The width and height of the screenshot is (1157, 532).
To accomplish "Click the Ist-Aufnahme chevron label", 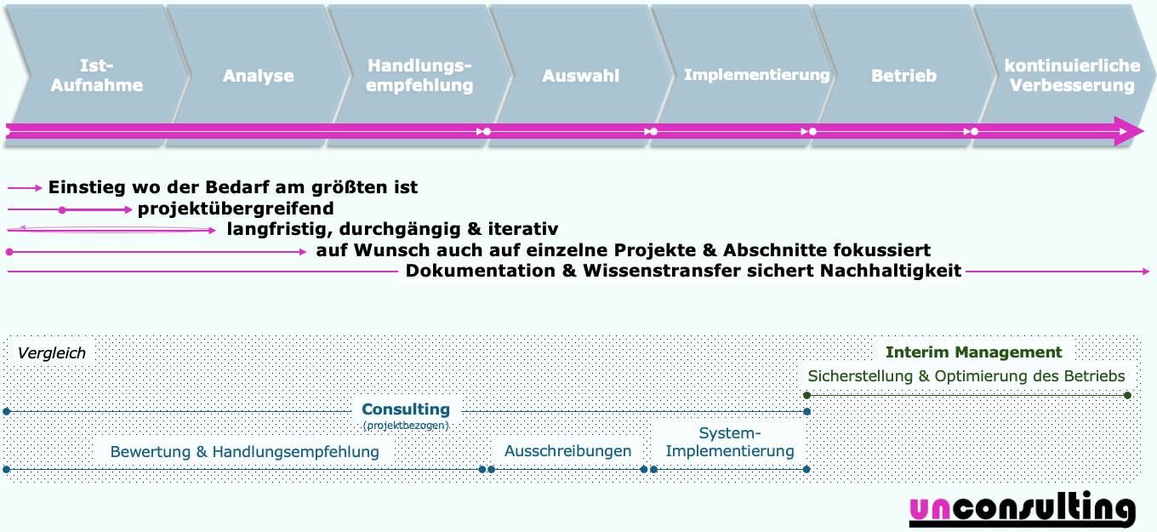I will [96, 75].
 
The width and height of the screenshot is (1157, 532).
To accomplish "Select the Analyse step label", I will [259, 76].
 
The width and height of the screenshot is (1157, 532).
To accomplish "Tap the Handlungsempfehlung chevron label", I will [419, 75].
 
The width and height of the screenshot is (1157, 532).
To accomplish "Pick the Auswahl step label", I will [581, 76].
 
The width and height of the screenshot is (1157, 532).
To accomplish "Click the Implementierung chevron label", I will [756, 75].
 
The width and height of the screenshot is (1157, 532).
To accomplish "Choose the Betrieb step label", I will [903, 76].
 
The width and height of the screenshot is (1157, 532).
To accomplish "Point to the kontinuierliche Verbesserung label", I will [1072, 75].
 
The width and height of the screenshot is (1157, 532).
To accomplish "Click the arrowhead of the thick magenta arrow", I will [1131, 131].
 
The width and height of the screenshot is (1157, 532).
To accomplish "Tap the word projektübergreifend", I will [236, 209].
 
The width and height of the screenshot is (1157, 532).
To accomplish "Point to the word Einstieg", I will [83, 187].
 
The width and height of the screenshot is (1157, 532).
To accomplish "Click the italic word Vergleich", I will [52, 353].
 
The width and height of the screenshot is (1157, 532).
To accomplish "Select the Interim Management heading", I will [973, 352].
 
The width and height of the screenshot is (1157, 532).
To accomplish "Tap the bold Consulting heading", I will [406, 409].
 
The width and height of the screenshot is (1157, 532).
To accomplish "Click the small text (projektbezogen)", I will [406, 425].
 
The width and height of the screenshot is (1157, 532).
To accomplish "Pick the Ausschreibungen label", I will [567, 451].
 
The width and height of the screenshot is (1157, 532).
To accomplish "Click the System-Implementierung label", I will [730, 442].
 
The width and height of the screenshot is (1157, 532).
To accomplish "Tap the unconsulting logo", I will [1022, 508].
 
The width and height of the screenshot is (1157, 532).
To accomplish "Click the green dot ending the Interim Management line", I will [1127, 395].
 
